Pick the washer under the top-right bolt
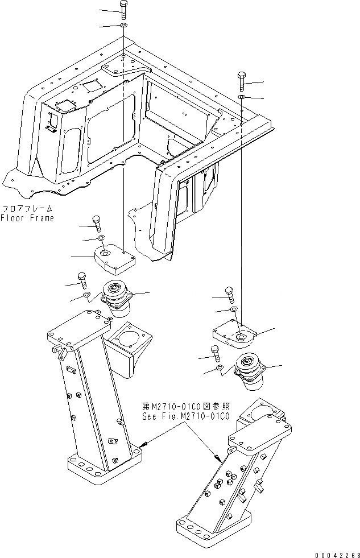(x=242, y=98)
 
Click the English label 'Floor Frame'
(x=27, y=218)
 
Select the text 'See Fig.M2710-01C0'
(x=185, y=416)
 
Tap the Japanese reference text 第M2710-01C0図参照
(x=185, y=407)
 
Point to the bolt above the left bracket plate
(x=95, y=222)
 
